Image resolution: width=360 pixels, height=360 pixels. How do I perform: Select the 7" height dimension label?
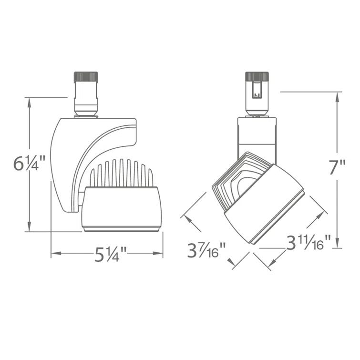[337, 168]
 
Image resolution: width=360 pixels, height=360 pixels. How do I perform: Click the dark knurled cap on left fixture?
[85, 76]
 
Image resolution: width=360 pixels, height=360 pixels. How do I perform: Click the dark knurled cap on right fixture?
[257, 76]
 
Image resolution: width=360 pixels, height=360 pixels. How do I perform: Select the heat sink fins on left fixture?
[122, 174]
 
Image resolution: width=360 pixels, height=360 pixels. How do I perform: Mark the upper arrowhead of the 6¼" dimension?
[30, 102]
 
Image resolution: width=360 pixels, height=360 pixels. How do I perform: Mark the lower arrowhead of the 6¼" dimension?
[30, 228]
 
